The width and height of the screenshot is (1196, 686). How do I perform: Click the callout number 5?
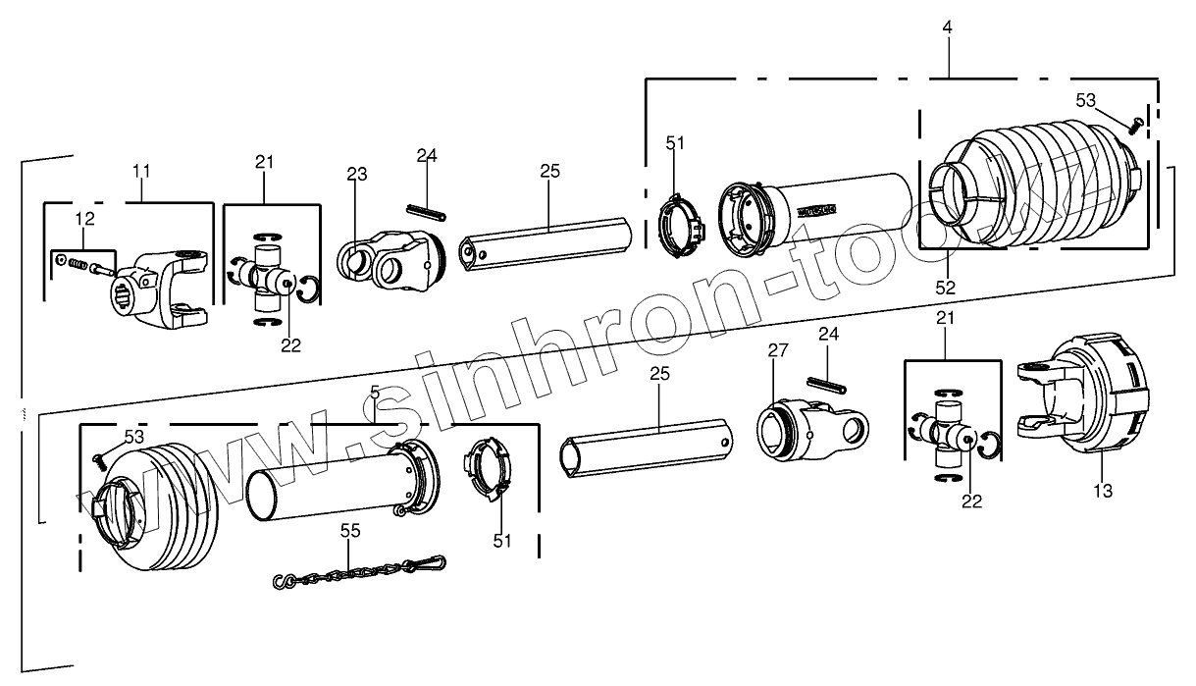[x=375, y=392]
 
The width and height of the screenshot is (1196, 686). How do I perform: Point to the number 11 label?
[x=141, y=170]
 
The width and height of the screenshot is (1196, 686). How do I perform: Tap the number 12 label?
[x=86, y=217]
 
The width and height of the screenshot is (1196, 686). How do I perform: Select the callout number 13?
[x=1104, y=491]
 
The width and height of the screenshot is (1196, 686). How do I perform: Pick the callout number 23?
[x=356, y=175]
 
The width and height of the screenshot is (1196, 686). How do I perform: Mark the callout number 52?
[x=945, y=288]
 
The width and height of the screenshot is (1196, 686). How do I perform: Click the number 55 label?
[x=350, y=530]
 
